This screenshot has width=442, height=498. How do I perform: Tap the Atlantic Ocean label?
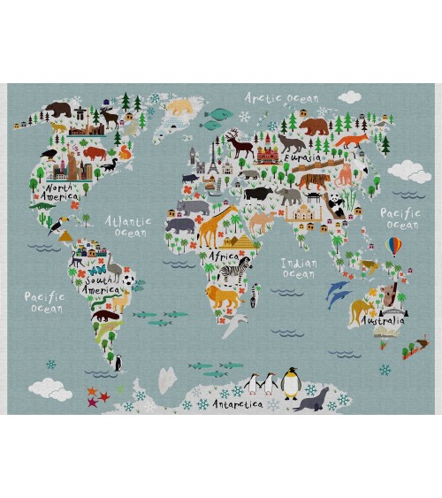click(128, 226)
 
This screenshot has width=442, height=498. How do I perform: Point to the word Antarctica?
click(234, 404)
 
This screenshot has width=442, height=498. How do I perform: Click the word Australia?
click(383, 321)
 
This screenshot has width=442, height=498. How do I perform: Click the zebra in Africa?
click(233, 270)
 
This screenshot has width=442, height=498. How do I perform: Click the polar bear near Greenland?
click(180, 106)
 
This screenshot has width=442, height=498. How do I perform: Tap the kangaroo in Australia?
click(360, 310)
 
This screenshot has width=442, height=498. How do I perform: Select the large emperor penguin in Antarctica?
click(291, 384)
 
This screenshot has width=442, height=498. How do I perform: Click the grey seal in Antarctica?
click(313, 400)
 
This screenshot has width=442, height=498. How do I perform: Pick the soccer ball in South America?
click(129, 280)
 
